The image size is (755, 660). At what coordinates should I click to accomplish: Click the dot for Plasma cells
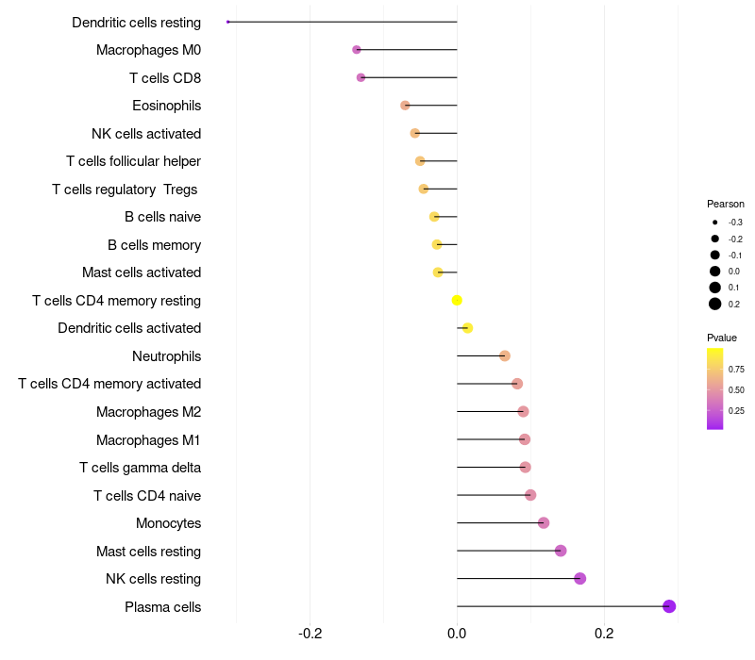click(x=669, y=606)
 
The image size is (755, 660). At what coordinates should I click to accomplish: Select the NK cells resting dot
click(x=579, y=578)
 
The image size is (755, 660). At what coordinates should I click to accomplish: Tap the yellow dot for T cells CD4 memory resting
click(x=457, y=301)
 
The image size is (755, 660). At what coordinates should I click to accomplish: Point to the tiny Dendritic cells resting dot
click(x=228, y=22)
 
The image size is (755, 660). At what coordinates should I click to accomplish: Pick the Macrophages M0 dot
click(x=357, y=49)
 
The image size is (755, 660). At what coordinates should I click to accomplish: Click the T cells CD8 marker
click(x=361, y=77)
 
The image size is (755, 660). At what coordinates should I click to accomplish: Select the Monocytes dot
click(x=544, y=522)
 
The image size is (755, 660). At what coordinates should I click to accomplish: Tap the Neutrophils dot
click(x=505, y=355)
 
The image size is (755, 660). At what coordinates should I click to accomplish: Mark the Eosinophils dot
click(x=405, y=106)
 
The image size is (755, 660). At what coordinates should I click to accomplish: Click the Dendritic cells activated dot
click(x=467, y=328)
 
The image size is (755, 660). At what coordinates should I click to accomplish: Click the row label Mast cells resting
click(x=148, y=551)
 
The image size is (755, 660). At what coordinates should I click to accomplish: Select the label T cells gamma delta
click(x=140, y=468)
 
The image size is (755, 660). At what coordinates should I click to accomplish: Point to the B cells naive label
click(x=162, y=217)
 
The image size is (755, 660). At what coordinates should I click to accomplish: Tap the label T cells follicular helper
click(x=133, y=161)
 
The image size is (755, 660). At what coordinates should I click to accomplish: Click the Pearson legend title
click(x=725, y=204)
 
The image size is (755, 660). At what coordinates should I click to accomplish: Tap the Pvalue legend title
click(x=722, y=338)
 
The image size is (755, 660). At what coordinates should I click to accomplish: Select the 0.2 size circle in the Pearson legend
click(x=715, y=304)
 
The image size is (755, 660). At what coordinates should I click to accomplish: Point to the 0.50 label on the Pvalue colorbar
click(x=736, y=389)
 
